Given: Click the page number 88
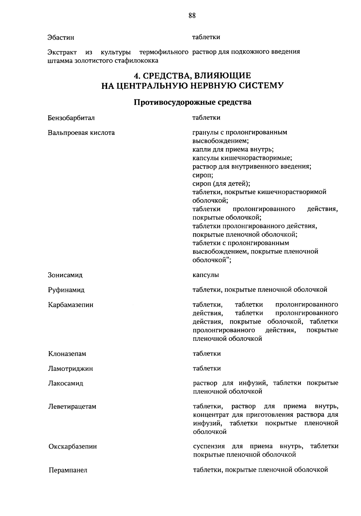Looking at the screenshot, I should click(192, 16).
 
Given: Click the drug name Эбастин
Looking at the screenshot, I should click(61, 38).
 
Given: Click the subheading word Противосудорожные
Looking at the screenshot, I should click(174, 102).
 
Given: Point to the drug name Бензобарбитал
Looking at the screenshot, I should click(71, 118).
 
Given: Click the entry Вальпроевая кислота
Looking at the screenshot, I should click(81, 133).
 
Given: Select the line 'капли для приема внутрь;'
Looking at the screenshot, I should click(233, 149).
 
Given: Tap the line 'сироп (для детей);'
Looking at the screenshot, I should click(221, 183).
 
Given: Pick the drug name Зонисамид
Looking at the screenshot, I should click(65, 275).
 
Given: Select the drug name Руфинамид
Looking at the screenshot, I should click(66, 290).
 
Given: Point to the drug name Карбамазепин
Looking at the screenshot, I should click(71, 305).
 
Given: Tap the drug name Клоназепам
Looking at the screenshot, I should click(67, 354).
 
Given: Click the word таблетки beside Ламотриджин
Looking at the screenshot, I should click(207, 368).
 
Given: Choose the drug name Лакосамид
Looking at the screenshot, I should click(66, 384).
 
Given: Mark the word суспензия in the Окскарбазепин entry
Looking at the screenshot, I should click(209, 446).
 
